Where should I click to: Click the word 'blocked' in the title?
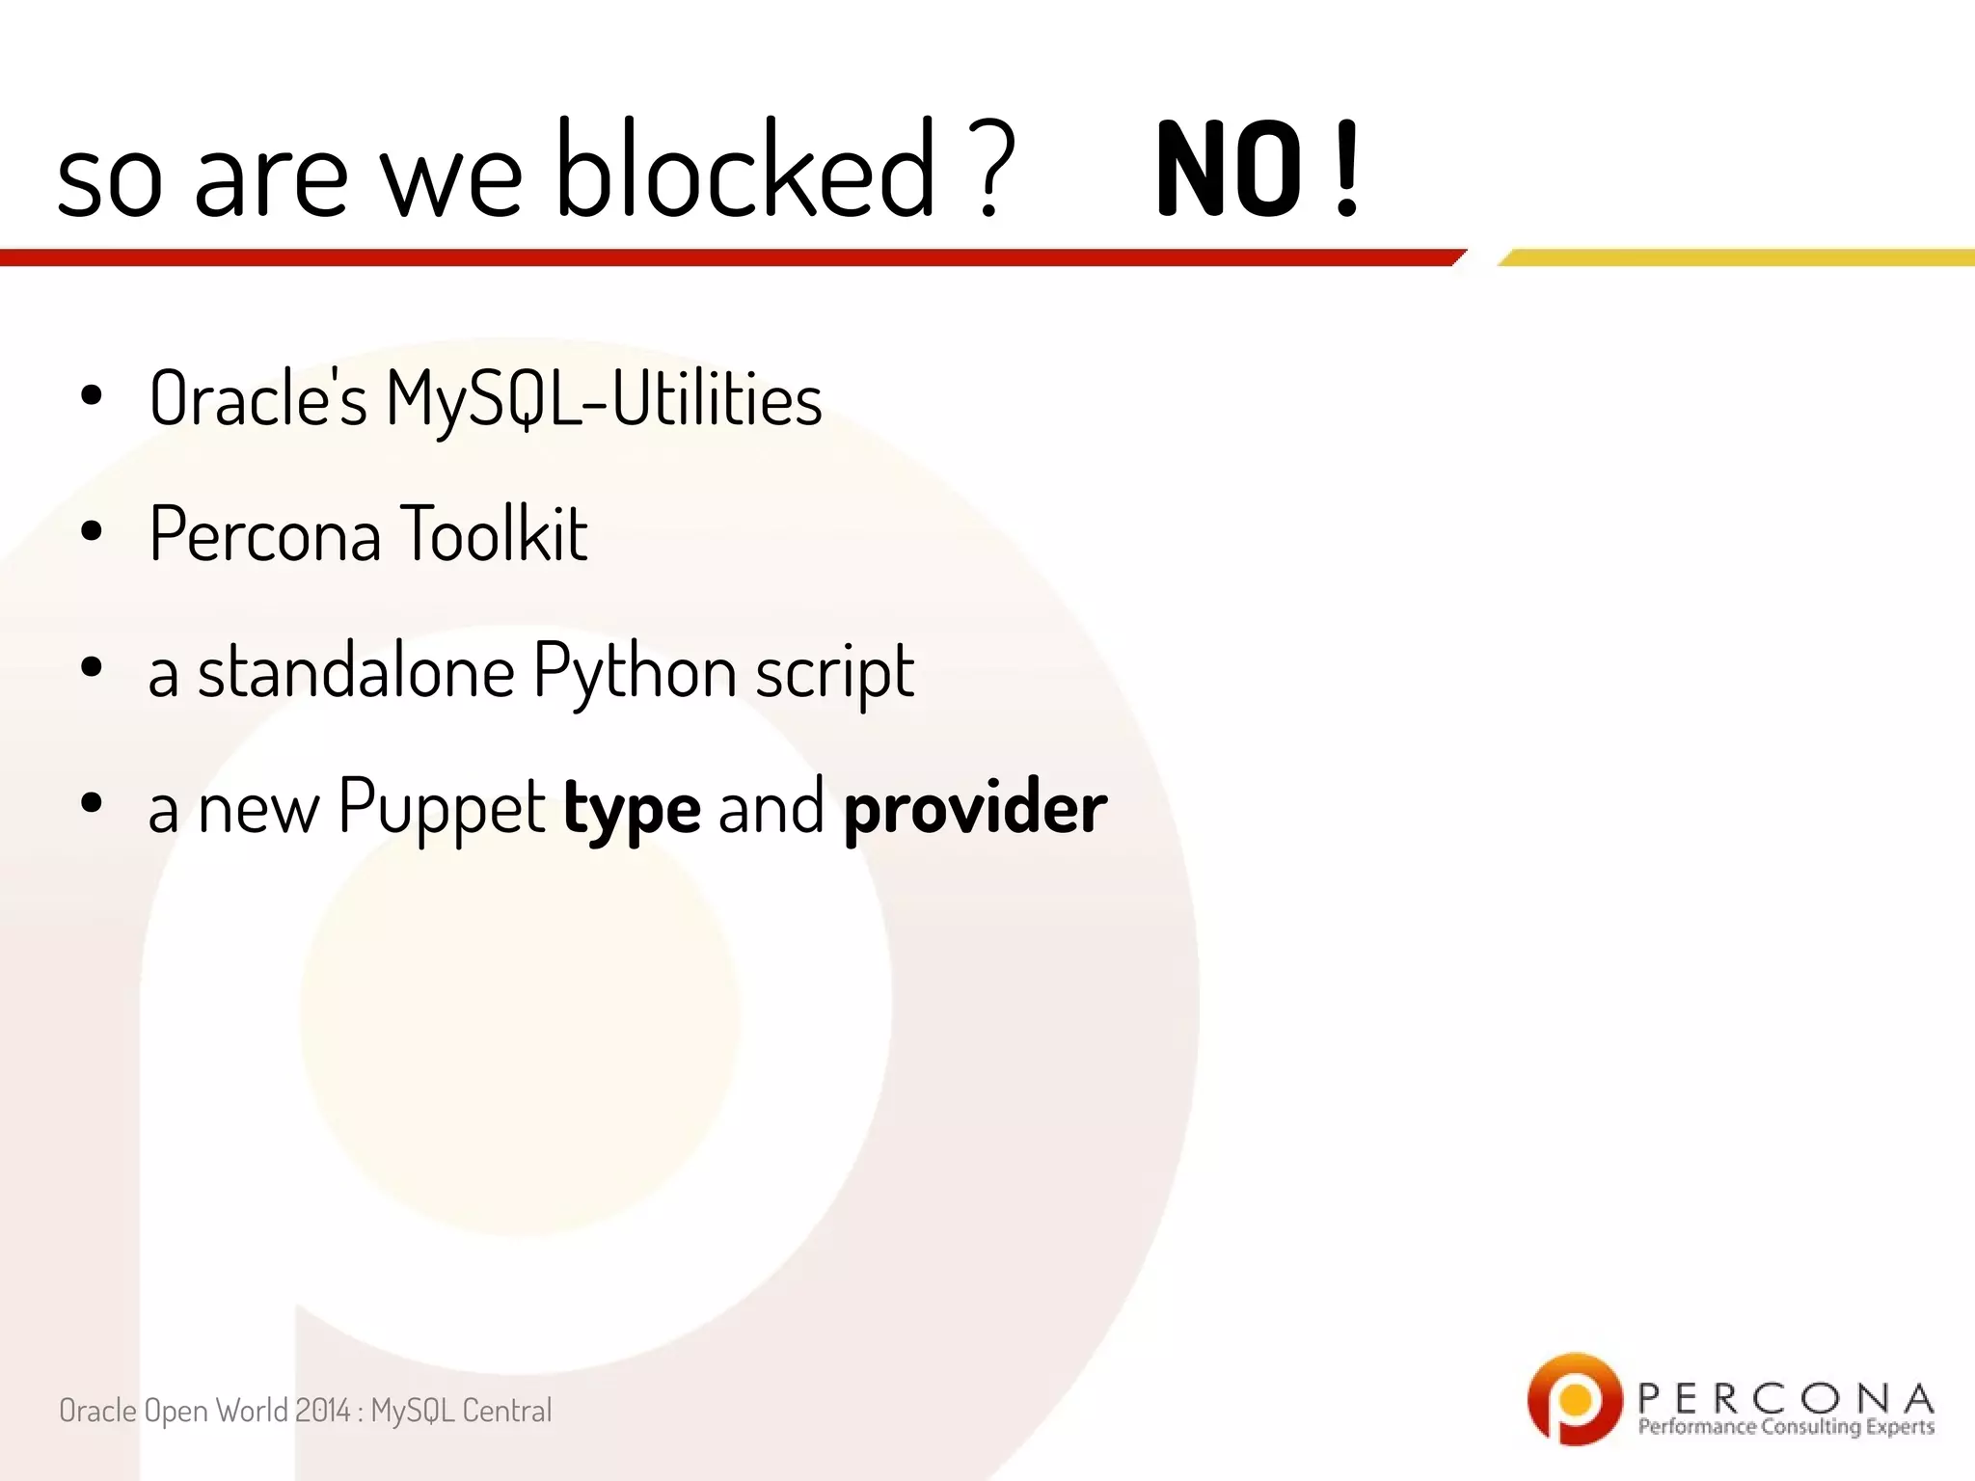745,169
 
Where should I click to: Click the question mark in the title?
993,169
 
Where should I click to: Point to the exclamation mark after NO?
1346,171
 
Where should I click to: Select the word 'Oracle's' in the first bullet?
257,397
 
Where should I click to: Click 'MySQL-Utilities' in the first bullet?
604,399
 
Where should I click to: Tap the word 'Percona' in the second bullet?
265,533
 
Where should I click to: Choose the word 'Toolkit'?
493,533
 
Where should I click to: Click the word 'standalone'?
356,671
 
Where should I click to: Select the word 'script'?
834,673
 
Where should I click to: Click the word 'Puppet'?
442,808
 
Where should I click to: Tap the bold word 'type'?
632,810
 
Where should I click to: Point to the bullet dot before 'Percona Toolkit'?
92,532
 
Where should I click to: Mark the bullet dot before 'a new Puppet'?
92,804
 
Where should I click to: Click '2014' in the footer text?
323,1411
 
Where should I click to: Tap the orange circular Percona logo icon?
1574,1398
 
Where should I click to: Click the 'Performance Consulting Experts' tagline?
1785,1427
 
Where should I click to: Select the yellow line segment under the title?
1736,257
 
